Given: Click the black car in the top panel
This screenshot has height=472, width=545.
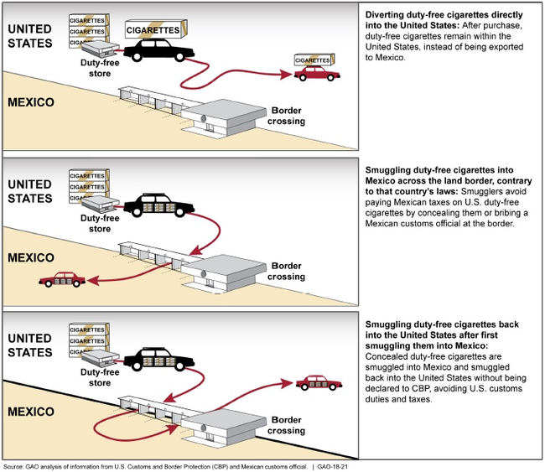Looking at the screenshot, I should point(159,50).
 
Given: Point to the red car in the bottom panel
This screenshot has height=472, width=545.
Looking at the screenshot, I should point(318,384).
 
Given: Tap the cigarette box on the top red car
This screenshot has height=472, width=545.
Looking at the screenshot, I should point(314,60).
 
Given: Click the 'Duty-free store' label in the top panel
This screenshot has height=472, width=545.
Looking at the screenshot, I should point(99,69).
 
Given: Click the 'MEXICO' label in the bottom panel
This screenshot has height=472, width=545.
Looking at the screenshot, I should point(30,412).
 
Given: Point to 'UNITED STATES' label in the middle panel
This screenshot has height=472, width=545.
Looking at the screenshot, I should point(30,191).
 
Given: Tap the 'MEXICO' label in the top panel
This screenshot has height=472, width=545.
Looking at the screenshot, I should point(30,102).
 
